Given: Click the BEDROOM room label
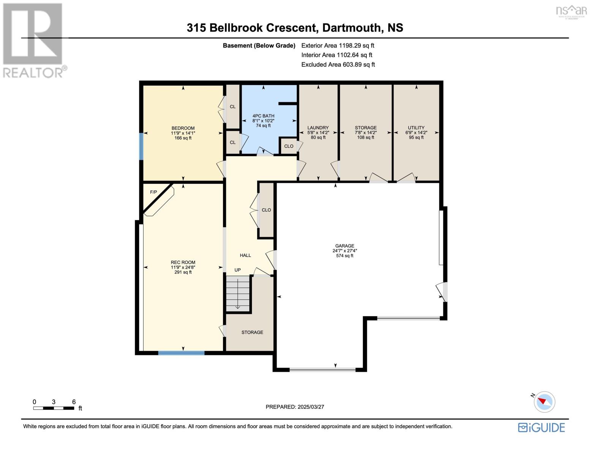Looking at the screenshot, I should pyautogui.click(x=183, y=128).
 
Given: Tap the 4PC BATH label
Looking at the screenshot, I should pyautogui.click(x=263, y=116).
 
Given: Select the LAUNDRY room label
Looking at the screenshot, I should pyautogui.click(x=318, y=128).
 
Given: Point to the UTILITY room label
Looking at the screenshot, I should pyautogui.click(x=416, y=128).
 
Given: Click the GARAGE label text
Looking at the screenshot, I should pyautogui.click(x=345, y=246).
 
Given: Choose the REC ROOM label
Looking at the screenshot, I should pyautogui.click(x=183, y=262).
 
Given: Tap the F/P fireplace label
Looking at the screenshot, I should pyautogui.click(x=153, y=192).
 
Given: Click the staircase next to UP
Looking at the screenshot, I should pyautogui.click(x=238, y=293).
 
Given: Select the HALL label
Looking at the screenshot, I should pyautogui.click(x=245, y=255).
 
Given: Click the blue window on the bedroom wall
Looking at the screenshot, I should pyautogui.click(x=141, y=146).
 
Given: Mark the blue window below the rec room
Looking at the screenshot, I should pyautogui.click(x=181, y=353).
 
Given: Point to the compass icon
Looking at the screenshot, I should pyautogui.click(x=544, y=402).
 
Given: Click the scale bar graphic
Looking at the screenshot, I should pyautogui.click(x=54, y=408).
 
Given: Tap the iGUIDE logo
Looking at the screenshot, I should pyautogui.click(x=541, y=427).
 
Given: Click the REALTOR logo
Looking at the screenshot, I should pyautogui.click(x=33, y=40).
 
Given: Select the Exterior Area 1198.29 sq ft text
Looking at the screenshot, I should pyautogui.click(x=337, y=46).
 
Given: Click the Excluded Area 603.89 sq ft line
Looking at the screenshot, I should pyautogui.click(x=338, y=65).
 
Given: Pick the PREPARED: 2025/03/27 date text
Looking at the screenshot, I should pyautogui.click(x=295, y=407).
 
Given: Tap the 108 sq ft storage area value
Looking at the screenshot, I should pyautogui.click(x=365, y=137).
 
